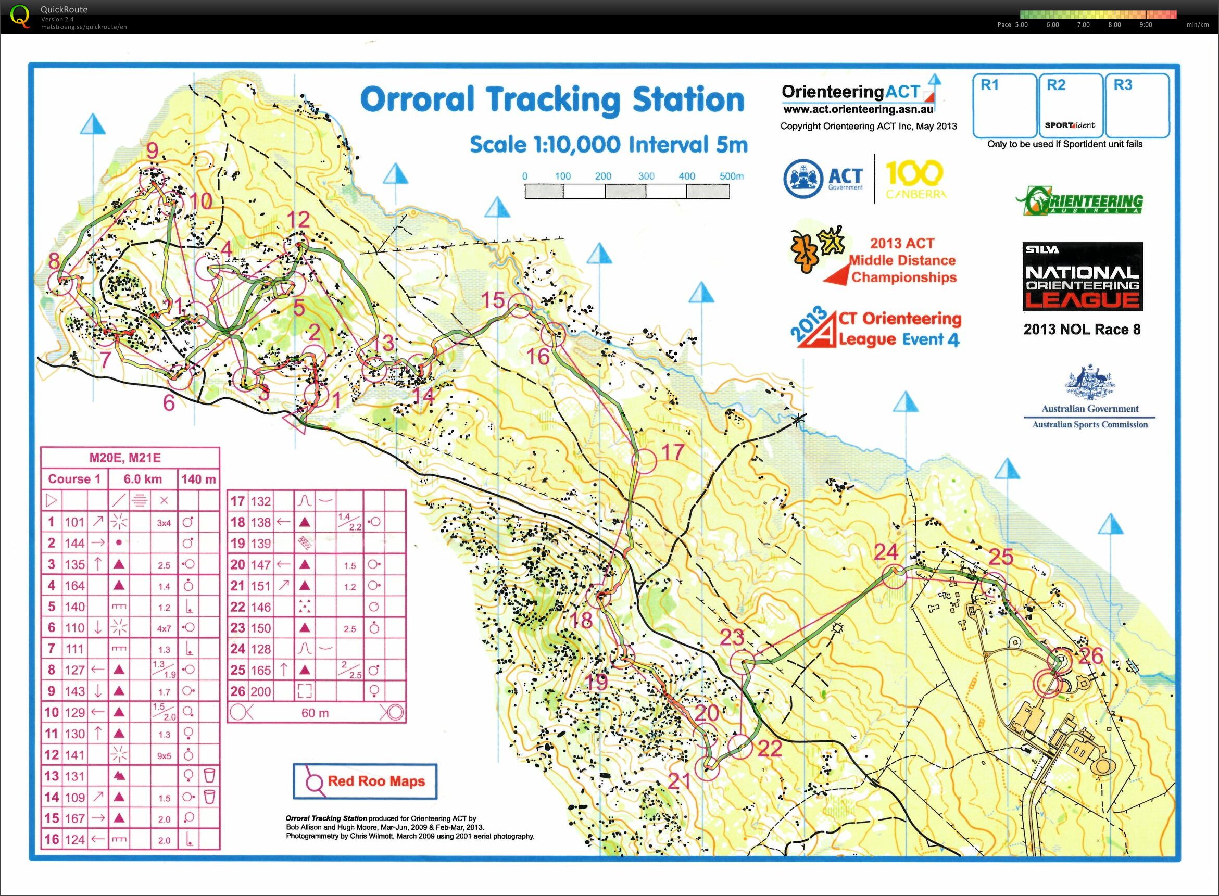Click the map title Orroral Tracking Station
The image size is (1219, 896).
552,100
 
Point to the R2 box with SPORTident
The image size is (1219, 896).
1071,106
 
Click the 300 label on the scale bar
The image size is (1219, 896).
646,176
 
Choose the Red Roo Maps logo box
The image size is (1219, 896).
365,781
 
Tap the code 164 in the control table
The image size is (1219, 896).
75,586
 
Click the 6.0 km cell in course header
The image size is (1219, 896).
143,479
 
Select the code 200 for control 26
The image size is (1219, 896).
260,691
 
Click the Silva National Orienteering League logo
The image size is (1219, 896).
1082,276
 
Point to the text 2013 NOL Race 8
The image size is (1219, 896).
1082,329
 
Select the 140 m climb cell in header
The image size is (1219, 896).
198,479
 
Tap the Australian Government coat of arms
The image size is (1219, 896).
1089,382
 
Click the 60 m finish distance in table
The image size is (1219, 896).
315,713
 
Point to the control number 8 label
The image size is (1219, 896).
54,261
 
